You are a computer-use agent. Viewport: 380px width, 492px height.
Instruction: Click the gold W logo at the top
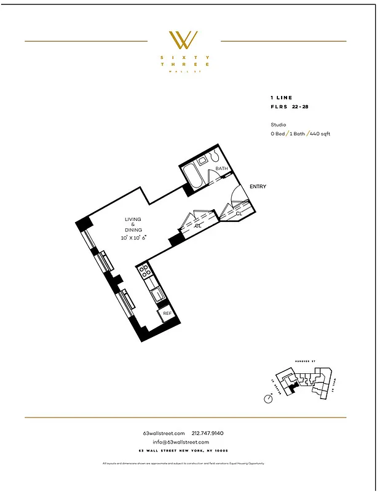point(184,41)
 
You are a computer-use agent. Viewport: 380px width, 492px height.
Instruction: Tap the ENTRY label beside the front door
point(258,186)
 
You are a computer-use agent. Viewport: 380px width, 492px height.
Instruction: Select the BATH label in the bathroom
point(221,169)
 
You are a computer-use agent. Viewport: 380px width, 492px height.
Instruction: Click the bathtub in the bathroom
point(193,177)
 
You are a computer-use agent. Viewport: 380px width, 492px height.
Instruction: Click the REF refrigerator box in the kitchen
point(167,314)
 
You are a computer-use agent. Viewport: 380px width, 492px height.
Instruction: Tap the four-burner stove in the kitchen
point(145,271)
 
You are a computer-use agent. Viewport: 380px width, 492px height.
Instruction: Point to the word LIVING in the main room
point(133,220)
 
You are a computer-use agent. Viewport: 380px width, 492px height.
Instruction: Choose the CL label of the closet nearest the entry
point(239,213)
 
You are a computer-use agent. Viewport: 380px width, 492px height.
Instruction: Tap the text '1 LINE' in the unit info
point(281,98)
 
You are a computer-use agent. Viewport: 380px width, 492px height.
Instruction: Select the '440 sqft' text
point(320,133)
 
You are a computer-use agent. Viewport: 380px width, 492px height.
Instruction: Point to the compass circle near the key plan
point(268,399)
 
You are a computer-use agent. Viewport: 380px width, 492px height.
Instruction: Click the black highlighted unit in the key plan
point(293,386)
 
